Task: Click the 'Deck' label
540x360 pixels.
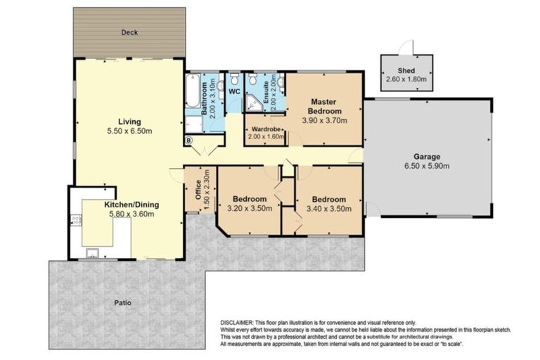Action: tap(128, 33)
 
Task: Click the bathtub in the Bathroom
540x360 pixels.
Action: tap(193, 92)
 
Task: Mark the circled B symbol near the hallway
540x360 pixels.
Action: tap(188, 141)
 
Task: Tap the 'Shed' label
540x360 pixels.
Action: tap(406, 71)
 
